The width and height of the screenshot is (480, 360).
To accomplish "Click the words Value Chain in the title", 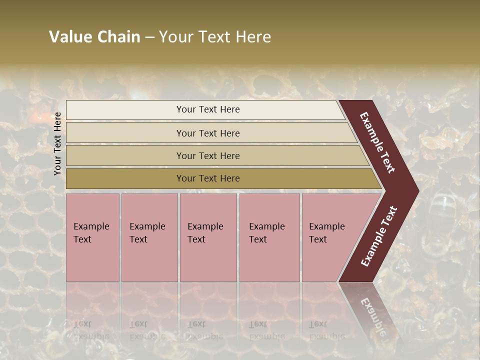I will [94, 37].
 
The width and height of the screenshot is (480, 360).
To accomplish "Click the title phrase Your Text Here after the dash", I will [215, 37].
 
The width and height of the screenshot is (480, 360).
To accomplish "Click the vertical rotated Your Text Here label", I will [58, 143].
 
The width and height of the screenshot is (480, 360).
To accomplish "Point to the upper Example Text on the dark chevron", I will [377, 142].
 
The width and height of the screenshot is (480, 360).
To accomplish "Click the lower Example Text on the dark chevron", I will [379, 236].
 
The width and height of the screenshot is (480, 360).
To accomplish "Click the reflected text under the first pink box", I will [91, 330].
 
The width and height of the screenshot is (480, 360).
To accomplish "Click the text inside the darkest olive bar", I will [208, 178].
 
